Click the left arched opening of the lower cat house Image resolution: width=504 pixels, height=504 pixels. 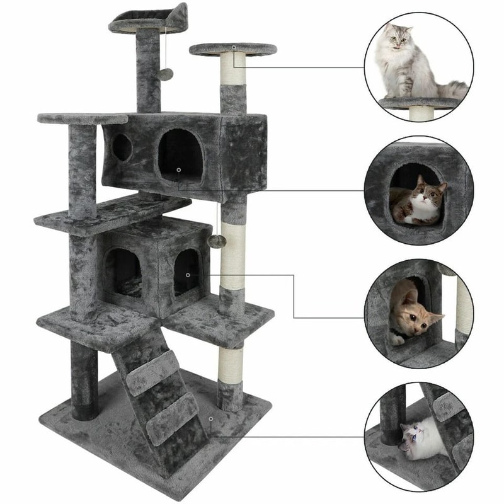click(123, 272)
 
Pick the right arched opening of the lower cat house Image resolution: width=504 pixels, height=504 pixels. click(187, 272)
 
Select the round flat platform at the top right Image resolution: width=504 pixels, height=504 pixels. click(232, 49)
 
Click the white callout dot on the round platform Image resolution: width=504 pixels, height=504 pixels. click(233, 47)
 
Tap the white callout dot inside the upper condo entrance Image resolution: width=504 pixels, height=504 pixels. click(179, 169)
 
